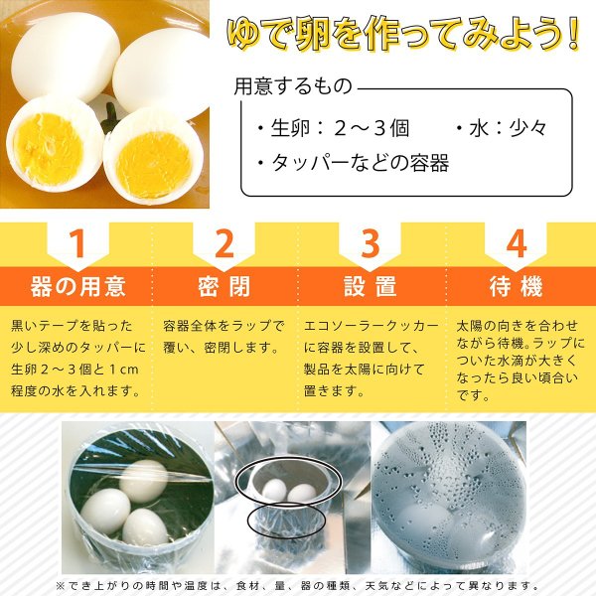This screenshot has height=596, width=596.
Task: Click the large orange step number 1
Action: pos(77,244)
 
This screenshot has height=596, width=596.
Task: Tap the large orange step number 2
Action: pos(224,244)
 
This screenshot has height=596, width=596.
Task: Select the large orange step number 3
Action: pos(370,244)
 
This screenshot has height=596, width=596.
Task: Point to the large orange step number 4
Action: pos(516,244)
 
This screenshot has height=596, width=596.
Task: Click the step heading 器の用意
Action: pos(77,286)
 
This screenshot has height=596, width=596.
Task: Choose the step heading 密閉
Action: pos(223,286)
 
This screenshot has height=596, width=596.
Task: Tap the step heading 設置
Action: pos(371,286)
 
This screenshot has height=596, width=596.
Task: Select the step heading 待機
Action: pos(516,286)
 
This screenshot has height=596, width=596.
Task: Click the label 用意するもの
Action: pos(293,86)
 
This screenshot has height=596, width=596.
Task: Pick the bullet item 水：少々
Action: pos(502,128)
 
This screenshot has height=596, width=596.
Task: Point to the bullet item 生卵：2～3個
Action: pos(334,128)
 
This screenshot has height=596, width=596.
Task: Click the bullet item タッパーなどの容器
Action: pos(353,163)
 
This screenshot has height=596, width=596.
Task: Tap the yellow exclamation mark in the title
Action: pos(573,34)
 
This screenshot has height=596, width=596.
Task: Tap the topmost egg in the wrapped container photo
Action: pos(144,480)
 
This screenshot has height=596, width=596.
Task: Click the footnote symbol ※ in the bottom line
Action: pos(61,586)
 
